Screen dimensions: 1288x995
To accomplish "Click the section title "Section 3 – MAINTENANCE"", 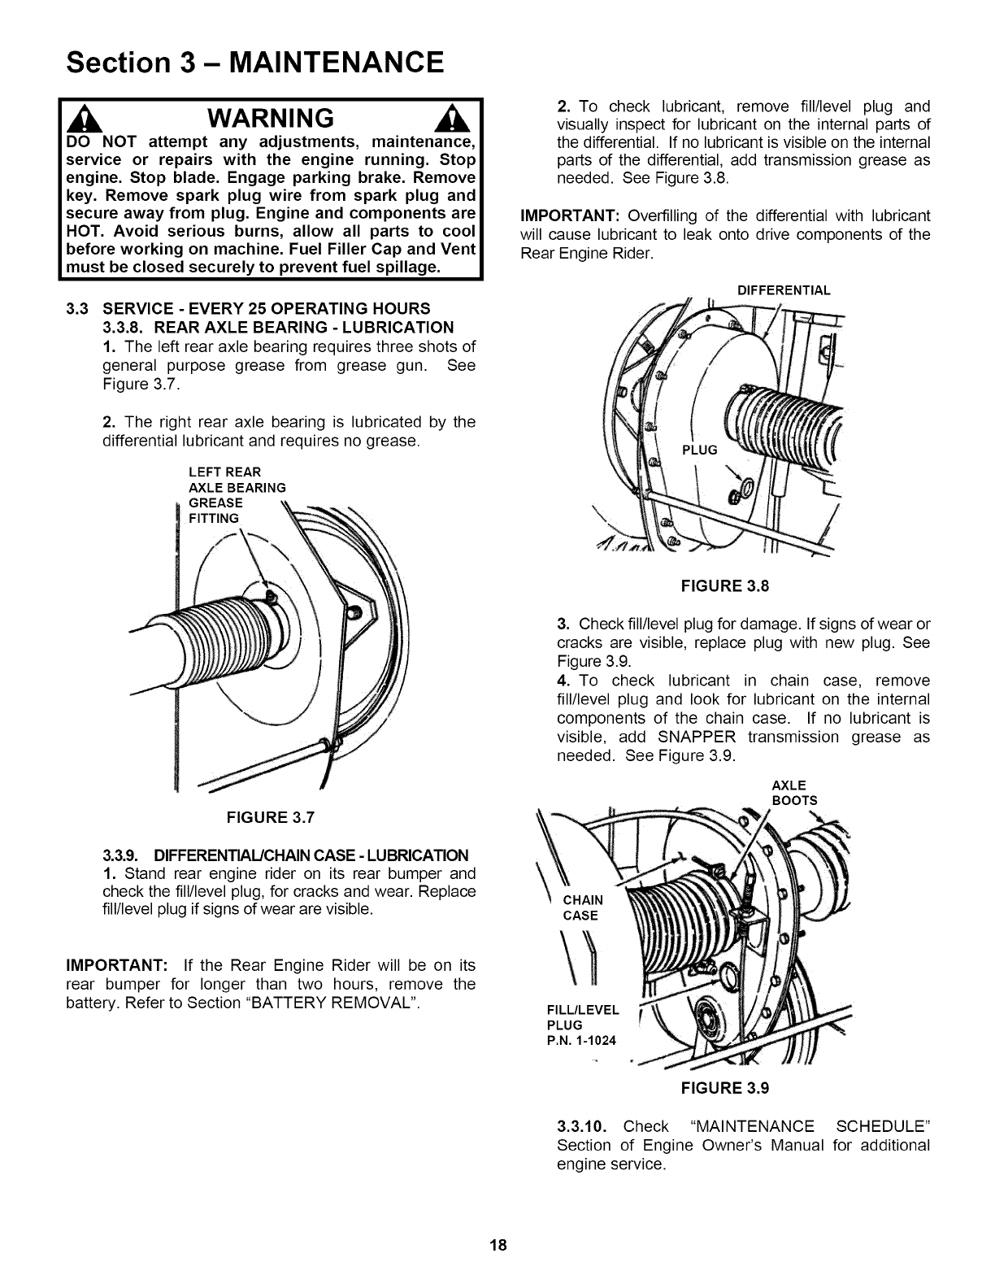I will tap(255, 63).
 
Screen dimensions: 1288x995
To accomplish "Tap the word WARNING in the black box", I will tap(271, 119).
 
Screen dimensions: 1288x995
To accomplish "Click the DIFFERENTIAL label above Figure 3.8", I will tap(783, 290).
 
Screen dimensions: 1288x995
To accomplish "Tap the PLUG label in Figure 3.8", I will tap(699, 450).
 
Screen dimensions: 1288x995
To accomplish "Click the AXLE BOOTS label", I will tap(794, 793).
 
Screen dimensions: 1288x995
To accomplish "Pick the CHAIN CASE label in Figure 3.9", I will tap(582, 907).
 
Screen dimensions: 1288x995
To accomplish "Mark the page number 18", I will tap(498, 1245).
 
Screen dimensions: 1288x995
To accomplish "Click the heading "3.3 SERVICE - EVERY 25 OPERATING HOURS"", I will tap(249, 309).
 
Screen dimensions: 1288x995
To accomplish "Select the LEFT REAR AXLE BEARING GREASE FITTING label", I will tap(236, 495).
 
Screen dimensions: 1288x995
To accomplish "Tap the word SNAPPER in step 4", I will tap(697, 737).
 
